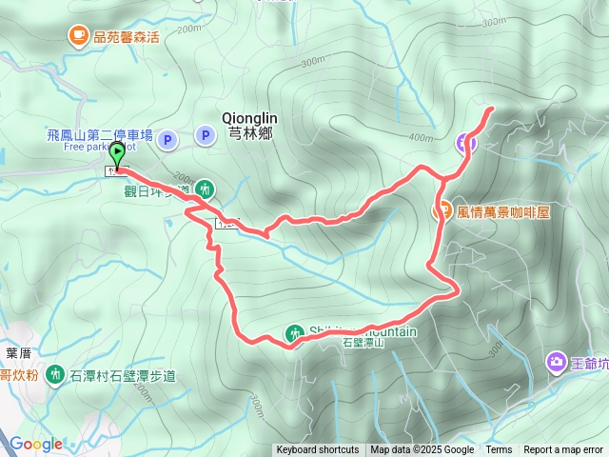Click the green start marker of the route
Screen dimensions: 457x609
tap(117, 151)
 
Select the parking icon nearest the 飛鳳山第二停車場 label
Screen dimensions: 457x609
tap(167, 140)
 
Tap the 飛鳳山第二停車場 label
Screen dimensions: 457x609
tap(99, 135)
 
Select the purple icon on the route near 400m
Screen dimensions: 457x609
tap(465, 143)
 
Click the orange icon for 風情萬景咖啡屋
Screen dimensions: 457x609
tap(443, 210)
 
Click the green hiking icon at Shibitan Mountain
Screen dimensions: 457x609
tap(293, 332)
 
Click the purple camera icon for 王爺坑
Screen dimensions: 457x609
tap(556, 362)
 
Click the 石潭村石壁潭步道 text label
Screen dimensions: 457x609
tap(123, 376)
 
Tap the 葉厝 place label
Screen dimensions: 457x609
tap(18, 351)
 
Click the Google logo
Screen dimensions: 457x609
tap(36, 444)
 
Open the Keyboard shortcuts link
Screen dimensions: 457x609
tap(318, 450)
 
